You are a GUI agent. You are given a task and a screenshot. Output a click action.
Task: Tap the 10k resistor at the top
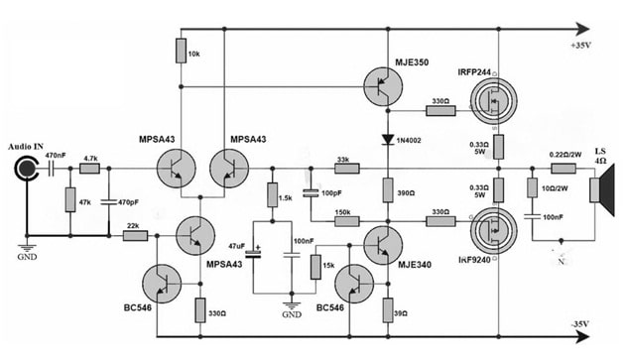(180, 51)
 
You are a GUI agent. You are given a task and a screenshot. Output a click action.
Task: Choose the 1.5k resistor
(270, 196)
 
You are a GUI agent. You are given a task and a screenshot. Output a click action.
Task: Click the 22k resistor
(135, 235)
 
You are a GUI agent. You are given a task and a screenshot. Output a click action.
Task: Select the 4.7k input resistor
(89, 170)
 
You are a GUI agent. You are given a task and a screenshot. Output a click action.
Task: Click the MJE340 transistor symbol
(381, 243)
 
